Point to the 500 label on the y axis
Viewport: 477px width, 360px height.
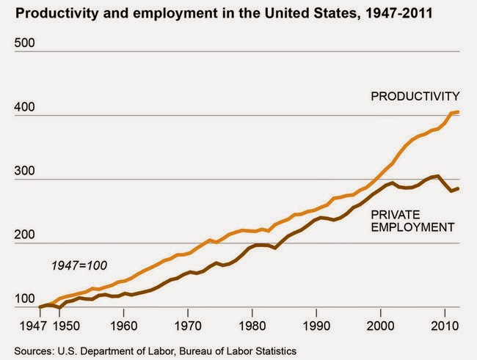(x=26, y=43)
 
